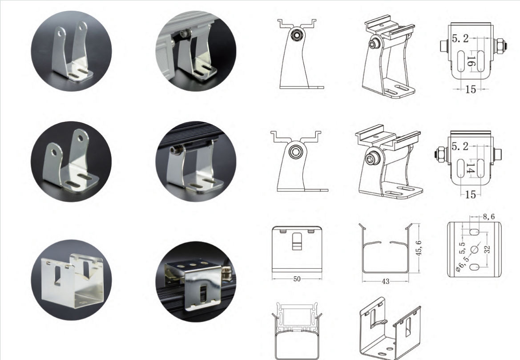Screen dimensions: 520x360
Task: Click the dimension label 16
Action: click(471, 61)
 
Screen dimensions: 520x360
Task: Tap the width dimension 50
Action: click(297, 279)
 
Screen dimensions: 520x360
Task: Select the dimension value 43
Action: click(385, 281)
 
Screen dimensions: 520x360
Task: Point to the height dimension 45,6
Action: click(419, 248)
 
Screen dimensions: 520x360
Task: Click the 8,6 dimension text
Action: click(489, 217)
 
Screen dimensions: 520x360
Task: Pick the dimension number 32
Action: click(487, 249)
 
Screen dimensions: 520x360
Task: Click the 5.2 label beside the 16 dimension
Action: click(460, 38)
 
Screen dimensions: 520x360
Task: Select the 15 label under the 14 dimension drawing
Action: click(471, 194)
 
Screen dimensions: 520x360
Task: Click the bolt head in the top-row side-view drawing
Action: click(295, 35)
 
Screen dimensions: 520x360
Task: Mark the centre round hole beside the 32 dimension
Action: click(474, 249)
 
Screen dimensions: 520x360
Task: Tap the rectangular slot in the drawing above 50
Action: click(297, 241)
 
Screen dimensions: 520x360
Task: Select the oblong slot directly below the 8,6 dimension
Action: click(474, 231)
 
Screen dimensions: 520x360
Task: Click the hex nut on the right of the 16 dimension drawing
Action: click(500, 46)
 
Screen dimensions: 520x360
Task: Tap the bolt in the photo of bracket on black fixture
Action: click(176, 150)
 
